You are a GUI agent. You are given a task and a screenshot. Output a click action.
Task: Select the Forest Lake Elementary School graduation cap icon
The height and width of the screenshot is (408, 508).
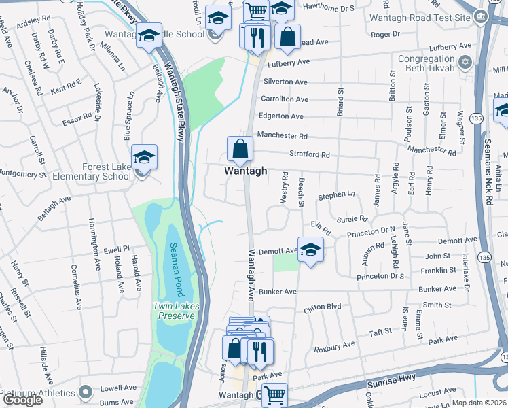pos(144,158)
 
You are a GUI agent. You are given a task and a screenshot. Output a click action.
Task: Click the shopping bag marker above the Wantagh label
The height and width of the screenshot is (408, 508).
pos(240,148)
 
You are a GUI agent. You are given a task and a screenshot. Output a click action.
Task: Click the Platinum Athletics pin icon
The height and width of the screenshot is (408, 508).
pos(86,392)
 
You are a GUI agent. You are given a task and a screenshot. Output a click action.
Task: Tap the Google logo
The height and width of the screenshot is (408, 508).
pos(22,400)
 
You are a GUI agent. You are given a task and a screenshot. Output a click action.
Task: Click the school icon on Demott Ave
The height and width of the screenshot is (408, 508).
pos(310,250)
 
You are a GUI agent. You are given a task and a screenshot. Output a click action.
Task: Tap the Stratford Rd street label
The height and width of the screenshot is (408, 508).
pos(310,155)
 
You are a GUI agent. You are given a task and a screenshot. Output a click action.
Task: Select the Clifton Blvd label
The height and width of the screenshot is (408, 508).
pos(323,307)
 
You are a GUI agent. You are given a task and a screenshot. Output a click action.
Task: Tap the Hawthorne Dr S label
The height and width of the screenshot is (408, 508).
pos(329,9)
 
